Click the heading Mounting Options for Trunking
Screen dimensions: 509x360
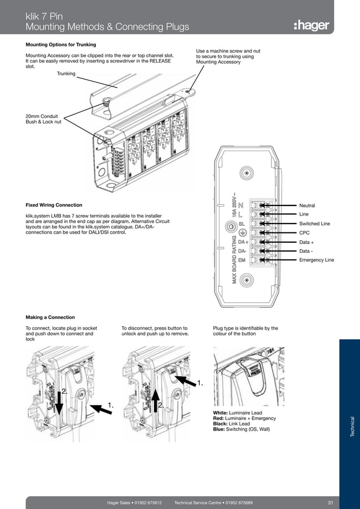pos(61,45)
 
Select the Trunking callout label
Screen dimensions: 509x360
pos(66,73)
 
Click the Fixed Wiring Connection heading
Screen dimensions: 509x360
pos(54,205)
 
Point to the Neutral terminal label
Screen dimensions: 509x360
pos(307,205)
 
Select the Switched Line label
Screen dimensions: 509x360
pos(314,223)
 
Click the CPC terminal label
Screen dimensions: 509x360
pos(304,232)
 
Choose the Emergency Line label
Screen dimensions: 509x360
pos(316,260)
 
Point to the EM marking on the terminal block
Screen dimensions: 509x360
pos(242,260)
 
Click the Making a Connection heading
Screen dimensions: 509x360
pos(50,317)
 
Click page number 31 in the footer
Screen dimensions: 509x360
pos(331,502)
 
